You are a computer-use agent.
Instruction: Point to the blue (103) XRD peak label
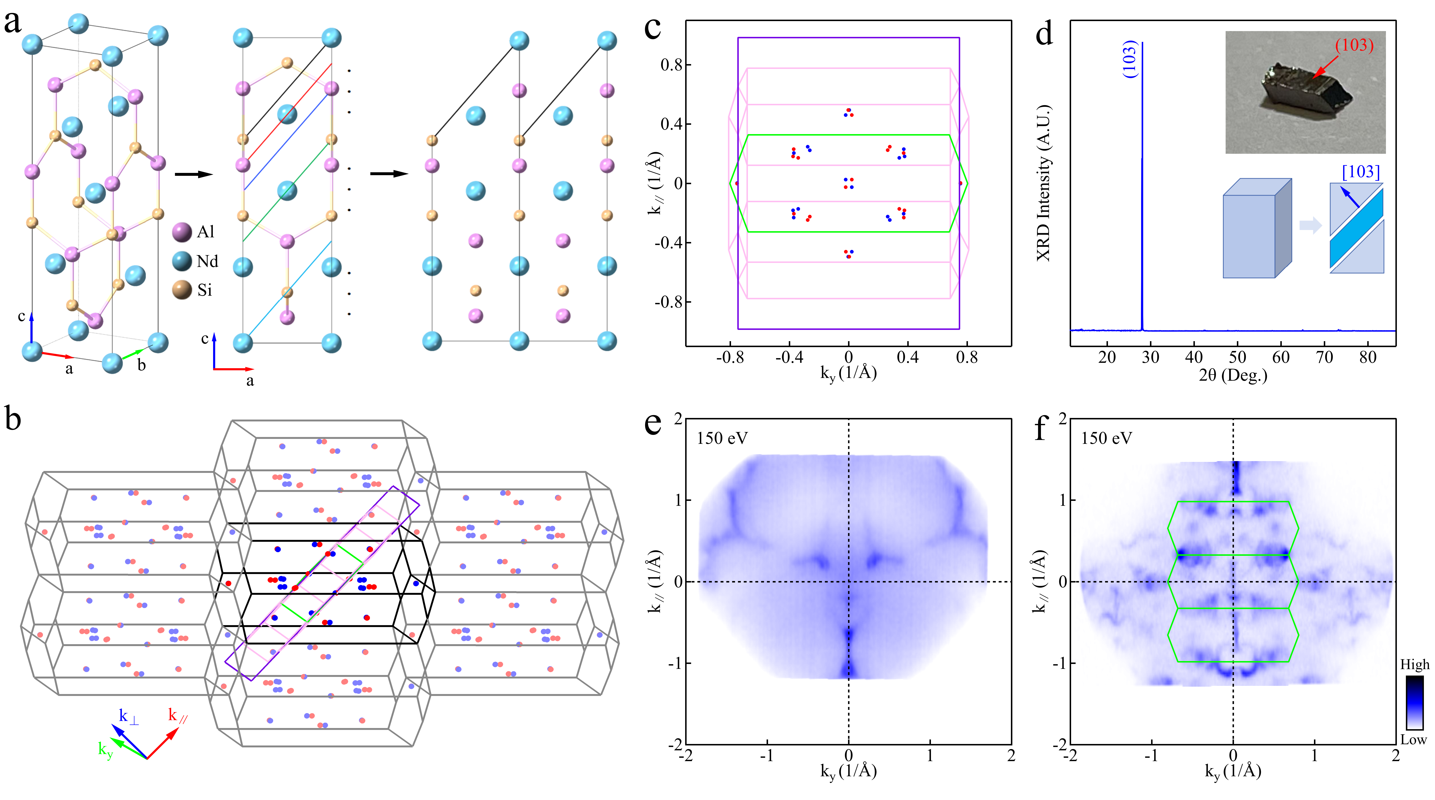1129,58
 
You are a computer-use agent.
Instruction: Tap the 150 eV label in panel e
722,438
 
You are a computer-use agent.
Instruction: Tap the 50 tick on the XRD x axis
1237,357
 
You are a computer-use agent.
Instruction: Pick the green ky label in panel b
105,750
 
